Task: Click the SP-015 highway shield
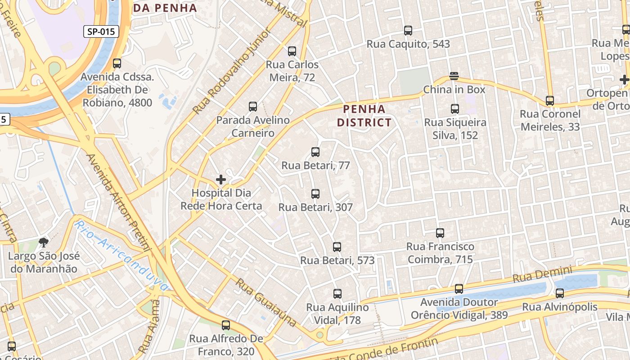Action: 101,31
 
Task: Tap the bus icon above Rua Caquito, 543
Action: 408,31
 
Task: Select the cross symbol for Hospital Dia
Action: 221,180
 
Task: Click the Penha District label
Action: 364,116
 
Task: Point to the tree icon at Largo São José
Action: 44,243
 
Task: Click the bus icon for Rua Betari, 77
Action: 315,152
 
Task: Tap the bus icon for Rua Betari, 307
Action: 315,194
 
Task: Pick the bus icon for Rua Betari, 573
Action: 337,247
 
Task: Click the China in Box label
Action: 454,90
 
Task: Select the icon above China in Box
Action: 454,76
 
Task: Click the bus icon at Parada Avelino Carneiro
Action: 253,107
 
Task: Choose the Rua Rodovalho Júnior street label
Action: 232,71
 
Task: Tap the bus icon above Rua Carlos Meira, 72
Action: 292,51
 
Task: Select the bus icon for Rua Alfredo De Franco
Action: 226,325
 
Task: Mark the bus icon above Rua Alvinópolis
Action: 560,293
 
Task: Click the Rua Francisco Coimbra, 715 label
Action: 440,253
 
